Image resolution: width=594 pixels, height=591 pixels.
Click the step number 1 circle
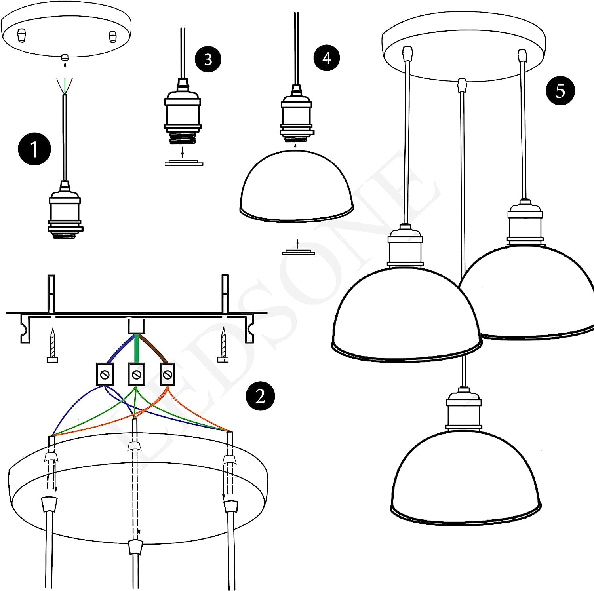(34, 149)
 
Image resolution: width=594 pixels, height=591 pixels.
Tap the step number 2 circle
(260, 396)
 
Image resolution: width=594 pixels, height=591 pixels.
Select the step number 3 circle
(208, 59)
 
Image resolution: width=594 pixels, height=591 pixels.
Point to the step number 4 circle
(326, 58)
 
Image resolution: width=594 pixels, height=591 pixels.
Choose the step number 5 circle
(560, 91)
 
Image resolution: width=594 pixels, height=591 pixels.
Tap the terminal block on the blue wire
(105, 374)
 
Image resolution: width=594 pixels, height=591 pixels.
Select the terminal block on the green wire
(136, 374)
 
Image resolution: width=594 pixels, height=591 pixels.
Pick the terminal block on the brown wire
(168, 374)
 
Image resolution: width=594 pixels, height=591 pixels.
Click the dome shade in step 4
(296, 186)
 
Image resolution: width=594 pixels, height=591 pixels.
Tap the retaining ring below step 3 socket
(184, 163)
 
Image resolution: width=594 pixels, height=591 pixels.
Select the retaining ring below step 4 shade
(298, 252)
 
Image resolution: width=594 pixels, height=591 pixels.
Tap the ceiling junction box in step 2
(137, 326)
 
